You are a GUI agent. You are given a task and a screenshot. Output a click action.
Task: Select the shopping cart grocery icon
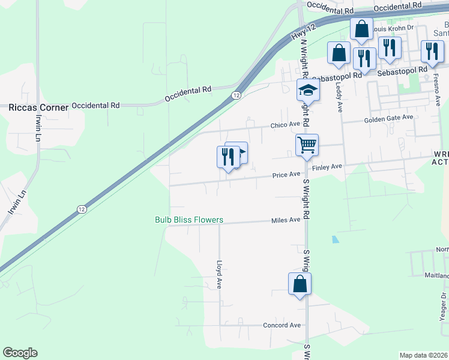tap(307, 145)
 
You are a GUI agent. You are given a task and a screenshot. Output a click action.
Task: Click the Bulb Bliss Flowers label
tap(189, 220)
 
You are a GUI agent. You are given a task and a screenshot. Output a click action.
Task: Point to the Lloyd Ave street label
tap(219, 274)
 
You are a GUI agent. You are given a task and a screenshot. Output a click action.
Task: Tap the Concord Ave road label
tap(282, 325)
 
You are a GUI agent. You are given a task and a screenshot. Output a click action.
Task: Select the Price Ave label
tap(286, 175)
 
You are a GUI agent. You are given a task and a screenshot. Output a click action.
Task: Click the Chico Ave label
tap(285, 125)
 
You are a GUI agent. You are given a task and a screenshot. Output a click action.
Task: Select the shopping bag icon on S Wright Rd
tap(300, 284)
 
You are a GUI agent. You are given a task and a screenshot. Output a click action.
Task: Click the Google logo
tap(20, 353)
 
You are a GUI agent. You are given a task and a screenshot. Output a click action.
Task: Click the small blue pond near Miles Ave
tap(334, 239)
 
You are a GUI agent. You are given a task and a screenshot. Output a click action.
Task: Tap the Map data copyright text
tap(423, 355)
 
